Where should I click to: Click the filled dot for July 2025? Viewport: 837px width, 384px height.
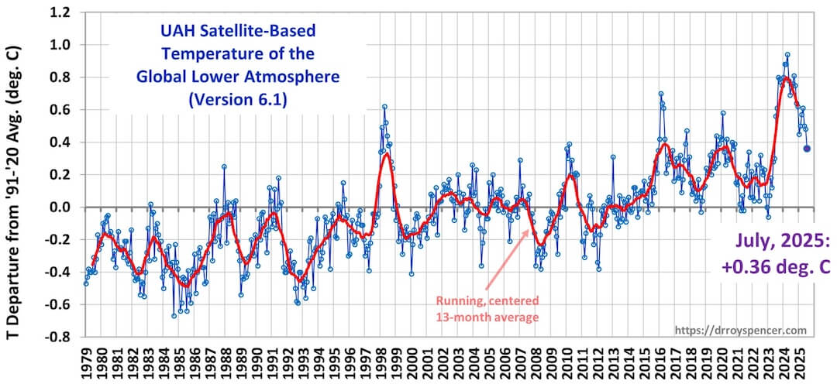coord(807,149)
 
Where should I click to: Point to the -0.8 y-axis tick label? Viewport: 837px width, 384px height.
coord(57,338)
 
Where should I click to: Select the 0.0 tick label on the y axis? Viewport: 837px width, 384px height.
coord(59,207)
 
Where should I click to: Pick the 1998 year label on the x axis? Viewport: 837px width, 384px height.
coord(385,359)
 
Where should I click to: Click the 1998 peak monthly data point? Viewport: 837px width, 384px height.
coord(384,107)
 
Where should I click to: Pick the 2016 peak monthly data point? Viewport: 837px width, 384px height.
coord(660,94)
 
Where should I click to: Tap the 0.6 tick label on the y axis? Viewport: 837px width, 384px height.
coord(59,110)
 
